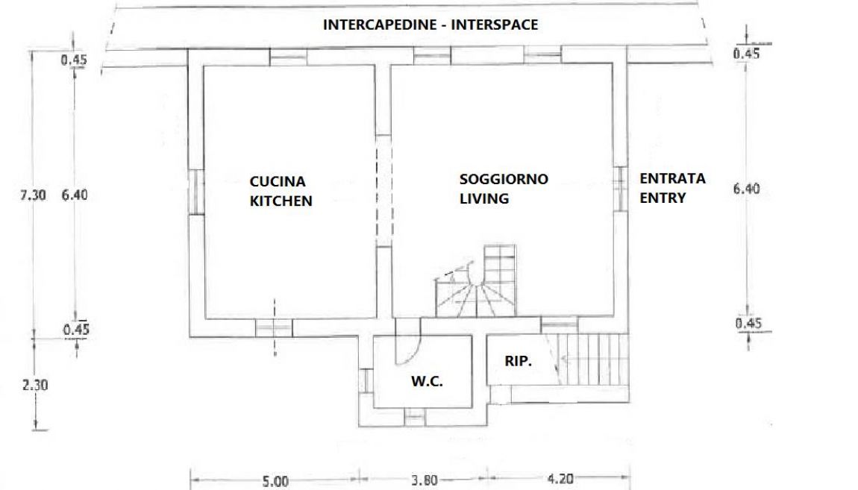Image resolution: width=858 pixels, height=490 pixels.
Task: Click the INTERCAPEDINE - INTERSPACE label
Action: point(430,25)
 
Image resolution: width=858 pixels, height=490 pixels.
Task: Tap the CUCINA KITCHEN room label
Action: point(281,191)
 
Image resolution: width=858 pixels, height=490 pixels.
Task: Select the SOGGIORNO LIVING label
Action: point(504,188)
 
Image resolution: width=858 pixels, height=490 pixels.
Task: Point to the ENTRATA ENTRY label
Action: point(672,188)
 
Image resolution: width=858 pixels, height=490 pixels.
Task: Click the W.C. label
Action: point(427,381)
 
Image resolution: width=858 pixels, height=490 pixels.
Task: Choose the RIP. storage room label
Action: point(519,361)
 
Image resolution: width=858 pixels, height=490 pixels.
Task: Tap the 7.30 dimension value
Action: point(33,195)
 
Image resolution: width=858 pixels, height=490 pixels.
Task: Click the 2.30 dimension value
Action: point(35,385)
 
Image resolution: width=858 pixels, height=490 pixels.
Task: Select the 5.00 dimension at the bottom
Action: point(275,481)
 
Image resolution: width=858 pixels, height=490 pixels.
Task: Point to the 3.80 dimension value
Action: point(424,480)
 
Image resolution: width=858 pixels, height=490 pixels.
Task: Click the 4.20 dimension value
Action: point(560,479)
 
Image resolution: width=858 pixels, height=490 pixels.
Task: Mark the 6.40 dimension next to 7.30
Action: point(75,195)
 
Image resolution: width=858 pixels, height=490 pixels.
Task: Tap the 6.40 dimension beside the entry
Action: point(746,189)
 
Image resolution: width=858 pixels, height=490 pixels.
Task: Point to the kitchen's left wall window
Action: point(196,192)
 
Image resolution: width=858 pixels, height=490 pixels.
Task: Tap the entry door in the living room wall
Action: point(619,189)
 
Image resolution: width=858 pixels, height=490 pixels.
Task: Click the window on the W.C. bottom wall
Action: point(415,417)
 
